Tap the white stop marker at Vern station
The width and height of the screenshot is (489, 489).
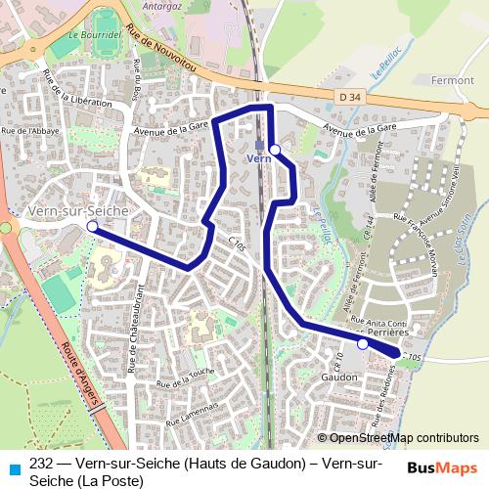[275, 149]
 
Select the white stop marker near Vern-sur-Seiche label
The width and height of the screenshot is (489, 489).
[93, 226]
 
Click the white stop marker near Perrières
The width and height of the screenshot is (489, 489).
[363, 344]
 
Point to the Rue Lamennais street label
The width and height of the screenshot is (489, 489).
[190, 416]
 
